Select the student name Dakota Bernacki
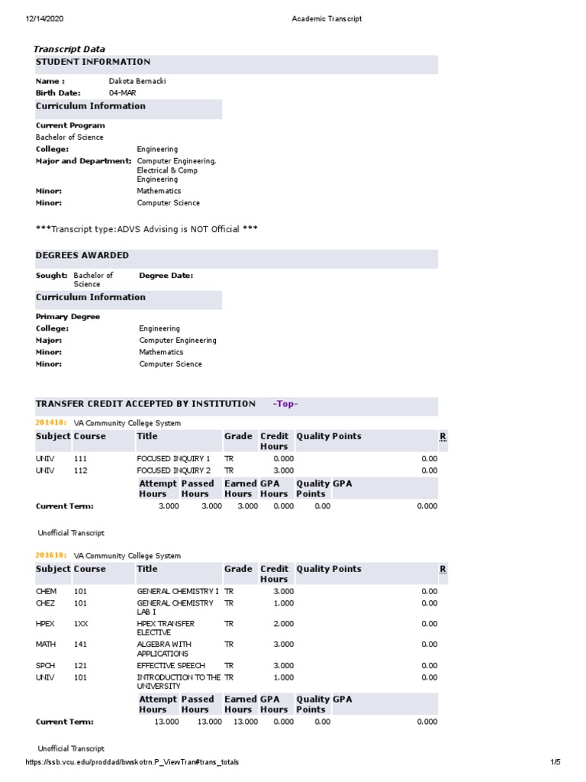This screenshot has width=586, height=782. coord(137,81)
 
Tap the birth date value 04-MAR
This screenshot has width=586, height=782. coord(123,93)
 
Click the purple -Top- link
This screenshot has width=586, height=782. coord(285,404)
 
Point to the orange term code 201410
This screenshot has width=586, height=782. coord(51,423)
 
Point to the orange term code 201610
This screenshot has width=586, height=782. coord(51,556)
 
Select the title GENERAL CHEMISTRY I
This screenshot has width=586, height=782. coord(177,591)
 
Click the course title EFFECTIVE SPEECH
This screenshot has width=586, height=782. coord(171,666)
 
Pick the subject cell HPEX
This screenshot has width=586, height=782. coord(46,624)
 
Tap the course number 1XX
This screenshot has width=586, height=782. coord(81,624)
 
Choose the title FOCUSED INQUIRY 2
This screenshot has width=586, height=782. coord(173,470)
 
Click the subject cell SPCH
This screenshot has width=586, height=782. coord(46,666)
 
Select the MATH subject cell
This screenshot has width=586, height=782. coord(46,645)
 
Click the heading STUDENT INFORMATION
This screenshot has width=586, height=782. coord(93,62)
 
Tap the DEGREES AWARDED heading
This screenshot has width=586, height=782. coord(82,256)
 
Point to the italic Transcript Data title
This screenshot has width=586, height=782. coord(69,49)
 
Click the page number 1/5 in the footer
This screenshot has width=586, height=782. coord(555,762)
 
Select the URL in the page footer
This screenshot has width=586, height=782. coord(137,762)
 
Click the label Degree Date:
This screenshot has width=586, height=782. coord(166,276)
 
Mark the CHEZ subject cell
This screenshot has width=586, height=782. coord(46,603)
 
